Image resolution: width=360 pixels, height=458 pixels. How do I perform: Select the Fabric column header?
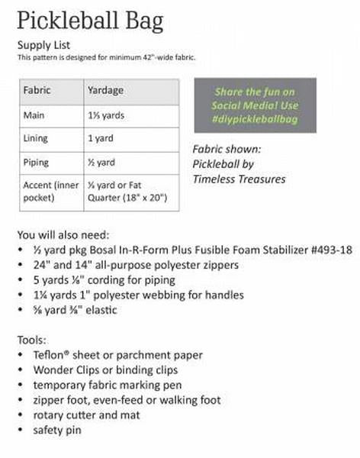(x=37, y=90)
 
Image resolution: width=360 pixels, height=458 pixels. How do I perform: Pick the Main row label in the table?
(x=34, y=114)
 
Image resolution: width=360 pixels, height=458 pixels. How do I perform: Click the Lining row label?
(x=36, y=138)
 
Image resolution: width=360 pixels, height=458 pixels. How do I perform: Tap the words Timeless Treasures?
(x=239, y=179)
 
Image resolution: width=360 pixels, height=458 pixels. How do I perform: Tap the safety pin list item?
(x=58, y=430)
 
